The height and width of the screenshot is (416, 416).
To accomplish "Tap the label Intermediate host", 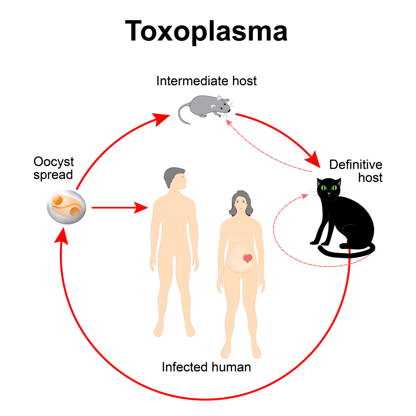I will [206, 80].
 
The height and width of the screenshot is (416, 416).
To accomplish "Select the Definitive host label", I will [356, 171].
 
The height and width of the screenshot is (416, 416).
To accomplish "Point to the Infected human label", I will [206, 367].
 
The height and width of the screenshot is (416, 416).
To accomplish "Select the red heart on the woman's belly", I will [248, 258].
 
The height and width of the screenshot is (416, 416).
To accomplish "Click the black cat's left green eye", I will [324, 188].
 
